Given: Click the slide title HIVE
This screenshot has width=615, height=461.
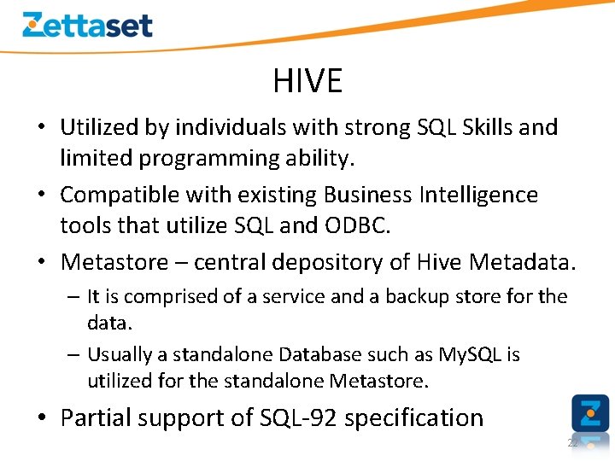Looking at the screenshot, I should click(307, 81).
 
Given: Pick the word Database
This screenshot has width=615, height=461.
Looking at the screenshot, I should click(321, 353).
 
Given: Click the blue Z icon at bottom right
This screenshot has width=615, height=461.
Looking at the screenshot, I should click(589, 413).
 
